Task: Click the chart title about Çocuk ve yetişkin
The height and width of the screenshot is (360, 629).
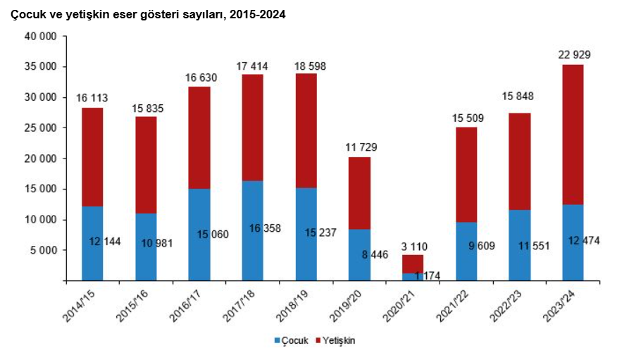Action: pyautogui.click(x=148, y=14)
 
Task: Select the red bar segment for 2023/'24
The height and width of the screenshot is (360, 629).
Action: pyautogui.click(x=573, y=134)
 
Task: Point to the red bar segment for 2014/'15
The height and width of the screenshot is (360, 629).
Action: pyautogui.click(x=92, y=156)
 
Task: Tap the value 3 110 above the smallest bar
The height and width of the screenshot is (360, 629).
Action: pyautogui.click(x=413, y=246)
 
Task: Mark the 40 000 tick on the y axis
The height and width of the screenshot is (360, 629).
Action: pyautogui.click(x=43, y=37)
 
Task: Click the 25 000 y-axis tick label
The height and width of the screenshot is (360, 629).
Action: pyautogui.click(x=43, y=128)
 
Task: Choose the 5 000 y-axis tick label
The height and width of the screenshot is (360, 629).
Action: pyautogui.click(x=46, y=250)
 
